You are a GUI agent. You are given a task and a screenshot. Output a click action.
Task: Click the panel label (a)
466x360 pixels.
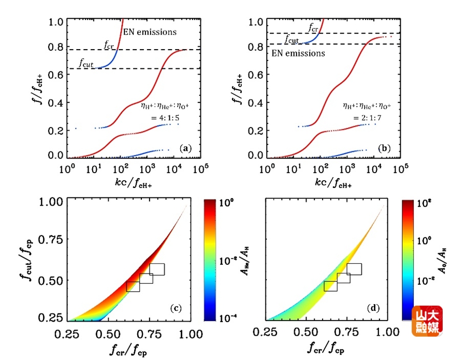point(185,149)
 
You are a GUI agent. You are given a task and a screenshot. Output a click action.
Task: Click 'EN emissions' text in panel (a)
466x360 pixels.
point(150,32)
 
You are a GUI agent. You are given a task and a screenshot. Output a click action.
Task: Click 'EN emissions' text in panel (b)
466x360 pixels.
point(299,53)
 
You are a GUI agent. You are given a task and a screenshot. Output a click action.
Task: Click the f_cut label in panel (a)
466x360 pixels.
point(86,63)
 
